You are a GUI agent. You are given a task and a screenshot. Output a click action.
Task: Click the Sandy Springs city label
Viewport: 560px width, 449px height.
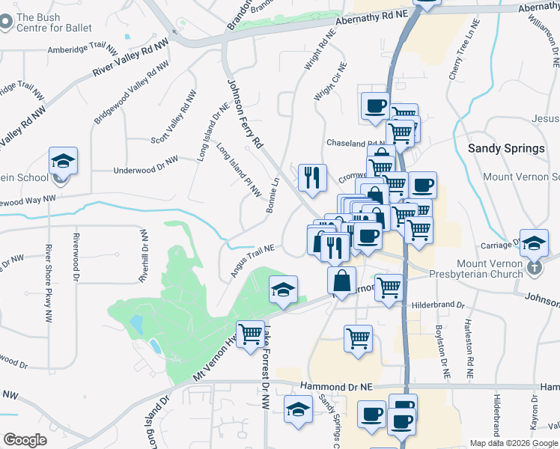(506, 148)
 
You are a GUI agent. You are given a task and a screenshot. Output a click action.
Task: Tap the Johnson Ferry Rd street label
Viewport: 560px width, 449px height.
(246, 113)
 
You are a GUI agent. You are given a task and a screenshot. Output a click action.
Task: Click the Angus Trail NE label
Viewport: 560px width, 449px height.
(252, 260)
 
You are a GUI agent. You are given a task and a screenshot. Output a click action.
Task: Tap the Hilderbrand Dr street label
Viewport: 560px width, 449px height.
(439, 306)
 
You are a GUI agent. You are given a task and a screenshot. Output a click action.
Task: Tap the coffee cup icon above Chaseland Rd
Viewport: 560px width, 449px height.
(375, 105)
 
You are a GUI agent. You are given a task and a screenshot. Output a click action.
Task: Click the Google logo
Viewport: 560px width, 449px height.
(25, 440)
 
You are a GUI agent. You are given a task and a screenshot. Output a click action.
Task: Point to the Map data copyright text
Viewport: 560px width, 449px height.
(514, 443)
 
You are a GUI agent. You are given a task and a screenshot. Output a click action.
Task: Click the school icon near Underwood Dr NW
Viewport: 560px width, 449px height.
(63, 161)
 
